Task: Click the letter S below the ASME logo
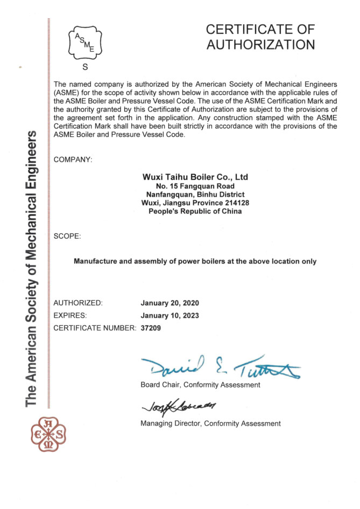click(84, 67)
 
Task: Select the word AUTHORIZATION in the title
click(260, 45)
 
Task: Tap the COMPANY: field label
click(73, 159)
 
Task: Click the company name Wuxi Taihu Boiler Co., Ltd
click(195, 177)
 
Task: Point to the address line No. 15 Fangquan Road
click(195, 186)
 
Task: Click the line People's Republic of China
click(195, 211)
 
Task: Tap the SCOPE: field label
click(68, 236)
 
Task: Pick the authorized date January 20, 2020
click(170, 303)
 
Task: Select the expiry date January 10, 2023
click(170, 315)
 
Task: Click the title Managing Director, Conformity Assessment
click(210, 424)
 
